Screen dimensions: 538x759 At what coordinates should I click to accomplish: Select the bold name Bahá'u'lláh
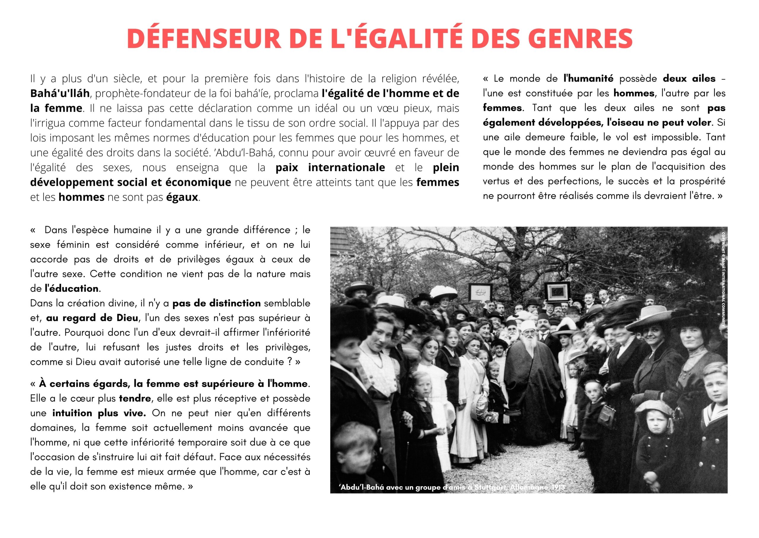tap(60, 93)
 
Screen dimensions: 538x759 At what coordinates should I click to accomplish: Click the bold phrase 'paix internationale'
tap(330, 168)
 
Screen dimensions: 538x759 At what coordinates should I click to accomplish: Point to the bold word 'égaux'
tap(182, 197)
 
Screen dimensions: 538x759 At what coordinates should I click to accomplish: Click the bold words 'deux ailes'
tap(689, 79)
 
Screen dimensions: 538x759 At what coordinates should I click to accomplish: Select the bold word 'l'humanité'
tap(588, 79)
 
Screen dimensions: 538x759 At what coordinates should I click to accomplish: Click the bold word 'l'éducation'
tap(71, 288)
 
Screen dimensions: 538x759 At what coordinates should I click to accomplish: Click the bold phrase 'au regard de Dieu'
tap(92, 318)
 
